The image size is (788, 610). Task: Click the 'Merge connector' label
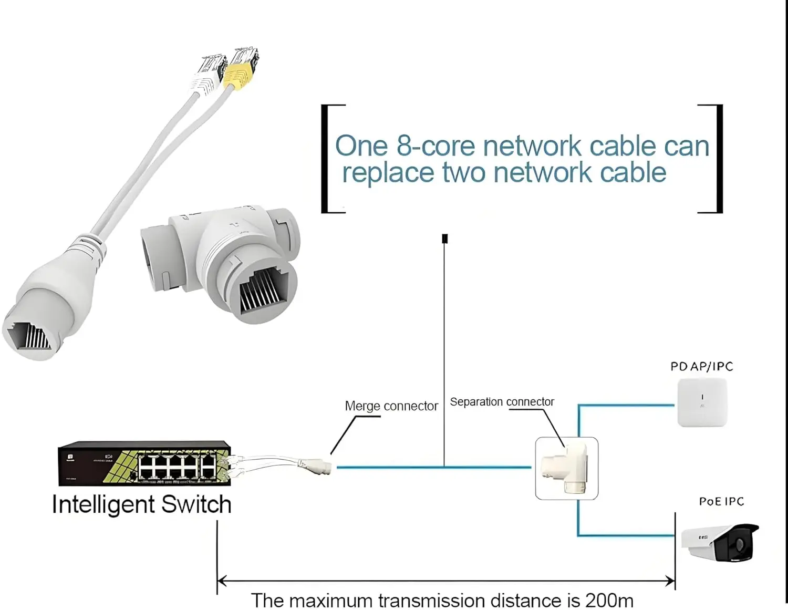[x=391, y=406]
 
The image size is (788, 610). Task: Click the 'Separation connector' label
[x=502, y=402]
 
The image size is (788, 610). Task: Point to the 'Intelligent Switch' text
[x=141, y=504]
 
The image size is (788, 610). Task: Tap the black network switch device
[x=144, y=463]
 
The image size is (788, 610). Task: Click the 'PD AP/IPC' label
[x=701, y=366]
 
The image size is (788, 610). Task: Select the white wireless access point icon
[x=702, y=402]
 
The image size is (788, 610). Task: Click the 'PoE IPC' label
[x=721, y=501]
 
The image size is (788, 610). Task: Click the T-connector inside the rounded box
[x=566, y=468]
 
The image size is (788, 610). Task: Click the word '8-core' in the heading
[x=436, y=146]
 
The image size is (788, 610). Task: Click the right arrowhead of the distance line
[x=670, y=581]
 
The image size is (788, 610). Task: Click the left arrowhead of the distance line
[x=222, y=581]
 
